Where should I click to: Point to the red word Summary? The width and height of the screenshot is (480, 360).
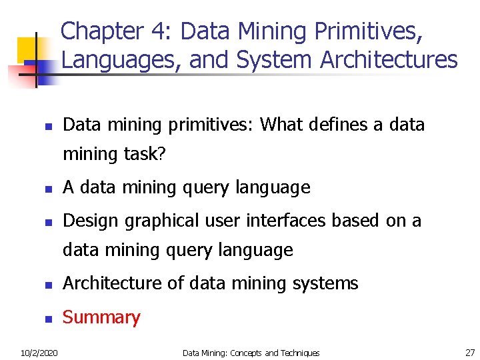[101, 317]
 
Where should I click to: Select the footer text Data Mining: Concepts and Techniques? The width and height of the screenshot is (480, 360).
[251, 353]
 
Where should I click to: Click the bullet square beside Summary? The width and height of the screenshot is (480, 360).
[48, 319]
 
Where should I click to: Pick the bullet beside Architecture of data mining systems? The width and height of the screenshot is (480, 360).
[48, 285]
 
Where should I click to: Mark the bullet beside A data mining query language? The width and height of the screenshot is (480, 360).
[48, 189]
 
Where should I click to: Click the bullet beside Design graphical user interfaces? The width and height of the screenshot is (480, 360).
[48, 222]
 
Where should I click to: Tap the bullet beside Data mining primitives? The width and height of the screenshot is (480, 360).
[48, 126]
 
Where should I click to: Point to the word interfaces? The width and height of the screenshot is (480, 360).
[309, 221]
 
